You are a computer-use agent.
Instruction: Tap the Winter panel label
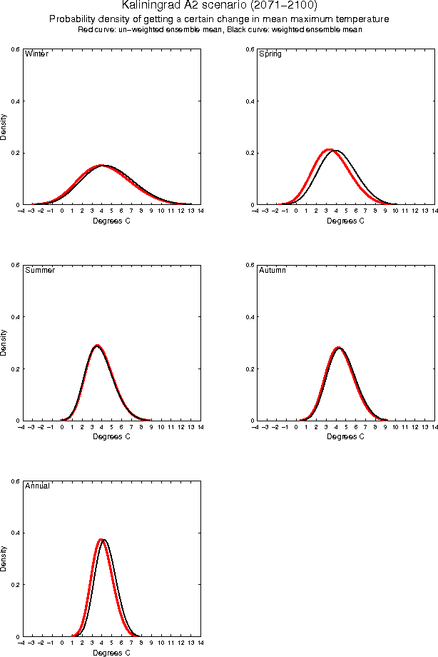point(36,54)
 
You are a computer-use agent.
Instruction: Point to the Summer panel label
point(39,271)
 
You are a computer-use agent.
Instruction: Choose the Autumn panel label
point(273,271)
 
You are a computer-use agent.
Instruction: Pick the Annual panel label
point(37,486)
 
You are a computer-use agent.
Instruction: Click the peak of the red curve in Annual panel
point(101,539)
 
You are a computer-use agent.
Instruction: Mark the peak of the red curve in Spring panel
point(329,149)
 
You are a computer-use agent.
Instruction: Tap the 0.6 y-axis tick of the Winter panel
point(14,49)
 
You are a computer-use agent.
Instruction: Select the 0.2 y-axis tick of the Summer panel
point(14,368)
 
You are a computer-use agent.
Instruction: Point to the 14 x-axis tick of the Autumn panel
point(434,427)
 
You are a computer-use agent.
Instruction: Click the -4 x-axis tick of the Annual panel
point(21,643)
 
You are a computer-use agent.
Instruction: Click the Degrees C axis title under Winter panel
point(112,221)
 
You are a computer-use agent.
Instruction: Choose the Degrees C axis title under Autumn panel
point(345,436)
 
